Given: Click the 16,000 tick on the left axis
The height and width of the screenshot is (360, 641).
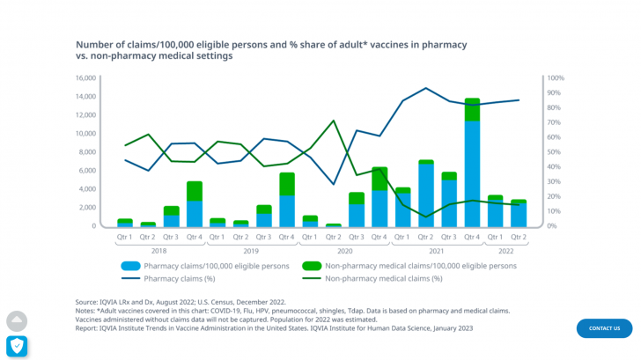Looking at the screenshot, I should (x=85, y=77).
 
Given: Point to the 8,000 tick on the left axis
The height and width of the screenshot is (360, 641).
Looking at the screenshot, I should (x=86, y=152).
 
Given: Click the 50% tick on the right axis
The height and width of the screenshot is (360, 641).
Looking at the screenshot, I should (x=555, y=152).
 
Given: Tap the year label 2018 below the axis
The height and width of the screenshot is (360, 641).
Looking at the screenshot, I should (x=159, y=251).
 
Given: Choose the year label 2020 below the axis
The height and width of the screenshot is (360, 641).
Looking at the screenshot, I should (x=344, y=251).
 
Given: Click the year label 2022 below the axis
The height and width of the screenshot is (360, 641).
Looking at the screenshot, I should (x=506, y=251).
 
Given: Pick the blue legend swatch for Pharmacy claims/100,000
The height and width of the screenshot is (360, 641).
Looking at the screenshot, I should (x=130, y=265).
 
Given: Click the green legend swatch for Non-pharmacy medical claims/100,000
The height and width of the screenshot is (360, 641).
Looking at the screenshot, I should (x=311, y=265).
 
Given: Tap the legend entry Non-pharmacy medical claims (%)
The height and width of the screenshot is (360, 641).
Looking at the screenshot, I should (x=383, y=278).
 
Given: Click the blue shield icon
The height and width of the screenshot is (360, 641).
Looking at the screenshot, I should (x=17, y=346).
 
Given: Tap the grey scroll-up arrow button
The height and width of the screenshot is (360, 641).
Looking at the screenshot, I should (x=17, y=321).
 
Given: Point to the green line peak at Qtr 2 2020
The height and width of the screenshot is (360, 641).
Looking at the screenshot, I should (x=333, y=121).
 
